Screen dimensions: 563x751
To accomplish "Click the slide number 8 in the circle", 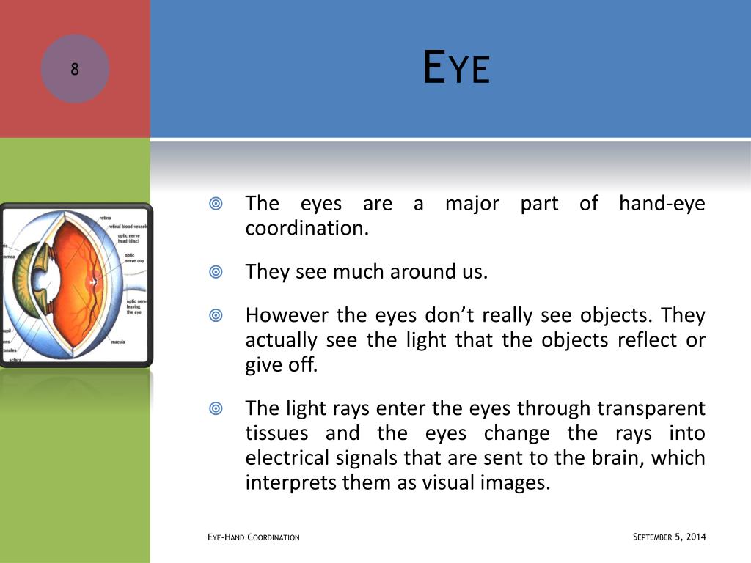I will pyautogui.click(x=75, y=70).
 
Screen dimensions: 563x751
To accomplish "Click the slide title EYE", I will pyautogui.click(x=455, y=67).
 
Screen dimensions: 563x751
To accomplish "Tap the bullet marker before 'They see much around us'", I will pyautogui.click(x=216, y=272).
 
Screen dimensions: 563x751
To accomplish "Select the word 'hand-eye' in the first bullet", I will pyautogui.click(x=662, y=203).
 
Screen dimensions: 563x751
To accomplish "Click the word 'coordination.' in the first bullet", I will pyautogui.click(x=307, y=228).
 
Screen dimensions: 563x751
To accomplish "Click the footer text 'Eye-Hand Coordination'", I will pyautogui.click(x=254, y=538).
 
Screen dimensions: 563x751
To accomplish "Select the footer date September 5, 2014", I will pyautogui.click(x=668, y=537).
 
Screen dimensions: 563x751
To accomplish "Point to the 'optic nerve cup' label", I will pyautogui.click(x=135, y=258).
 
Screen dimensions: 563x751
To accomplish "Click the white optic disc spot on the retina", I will pyautogui.click(x=93, y=281).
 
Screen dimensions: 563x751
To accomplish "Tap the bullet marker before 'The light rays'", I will pyautogui.click(x=216, y=408).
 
